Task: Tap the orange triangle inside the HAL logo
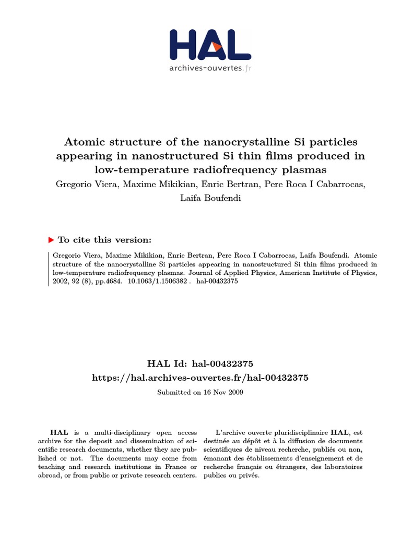215,47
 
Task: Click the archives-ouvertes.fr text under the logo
210,68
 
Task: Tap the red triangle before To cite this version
51,240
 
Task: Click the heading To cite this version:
104,240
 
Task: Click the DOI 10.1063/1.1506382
157,281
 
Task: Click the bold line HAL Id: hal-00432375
201,363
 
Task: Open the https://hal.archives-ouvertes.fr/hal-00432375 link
200,378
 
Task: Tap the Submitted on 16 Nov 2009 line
200,392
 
